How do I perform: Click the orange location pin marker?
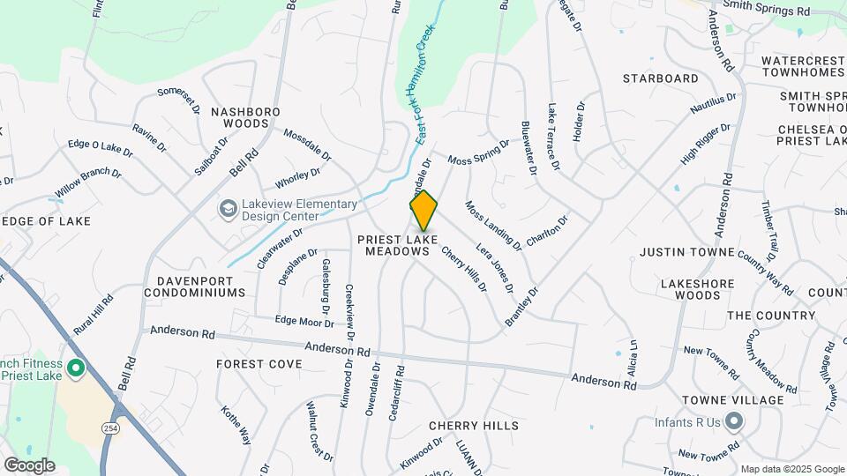pos(423,210)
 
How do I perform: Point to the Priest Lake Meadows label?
pos(394,245)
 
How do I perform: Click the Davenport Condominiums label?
pos(200,286)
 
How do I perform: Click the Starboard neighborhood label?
pos(661,78)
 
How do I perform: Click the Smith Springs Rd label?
pos(766,10)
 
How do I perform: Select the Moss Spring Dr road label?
pos(479,152)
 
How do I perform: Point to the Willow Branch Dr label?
pos(88,183)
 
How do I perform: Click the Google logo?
pos(29,465)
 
